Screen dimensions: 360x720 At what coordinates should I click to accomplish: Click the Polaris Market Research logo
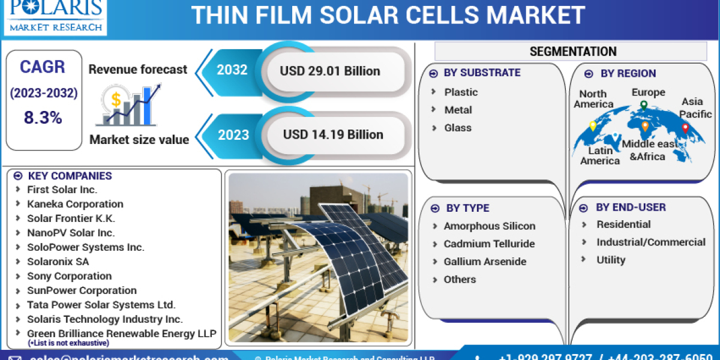55,16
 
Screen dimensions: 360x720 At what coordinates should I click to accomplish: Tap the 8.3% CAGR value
43,118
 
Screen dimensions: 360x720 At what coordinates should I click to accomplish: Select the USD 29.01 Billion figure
329,71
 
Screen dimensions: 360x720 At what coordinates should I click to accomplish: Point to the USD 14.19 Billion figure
333,134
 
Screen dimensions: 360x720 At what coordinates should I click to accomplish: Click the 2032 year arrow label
232,70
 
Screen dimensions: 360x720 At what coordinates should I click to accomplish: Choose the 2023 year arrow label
233,134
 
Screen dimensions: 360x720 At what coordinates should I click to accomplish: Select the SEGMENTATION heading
572,52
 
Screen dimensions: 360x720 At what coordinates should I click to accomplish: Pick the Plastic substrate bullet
461,92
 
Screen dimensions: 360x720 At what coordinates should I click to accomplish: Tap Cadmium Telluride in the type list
488,244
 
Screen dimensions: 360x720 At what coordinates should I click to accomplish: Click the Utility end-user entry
610,260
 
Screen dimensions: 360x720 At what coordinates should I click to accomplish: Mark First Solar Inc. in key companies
62,189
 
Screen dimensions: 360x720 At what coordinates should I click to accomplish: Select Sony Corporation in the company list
69,276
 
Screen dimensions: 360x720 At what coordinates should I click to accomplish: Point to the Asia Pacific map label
695,108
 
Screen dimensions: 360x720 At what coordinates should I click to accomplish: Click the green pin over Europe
643,106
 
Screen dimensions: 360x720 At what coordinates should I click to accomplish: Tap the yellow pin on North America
593,126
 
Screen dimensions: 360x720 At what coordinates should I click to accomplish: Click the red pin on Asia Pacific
685,128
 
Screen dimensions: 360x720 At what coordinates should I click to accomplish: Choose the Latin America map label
599,156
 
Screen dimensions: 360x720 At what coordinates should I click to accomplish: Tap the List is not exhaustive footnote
68,343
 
